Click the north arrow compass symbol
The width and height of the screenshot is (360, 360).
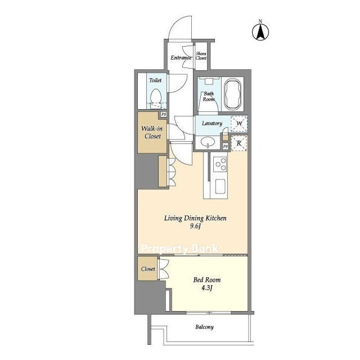(260, 32)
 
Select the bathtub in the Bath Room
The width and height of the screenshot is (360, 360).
(232, 94)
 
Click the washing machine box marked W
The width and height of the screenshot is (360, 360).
(239, 124)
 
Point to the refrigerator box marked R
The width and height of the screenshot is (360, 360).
(239, 143)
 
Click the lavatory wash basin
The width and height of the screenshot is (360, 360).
(208, 142)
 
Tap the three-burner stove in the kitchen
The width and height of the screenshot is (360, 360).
(220, 164)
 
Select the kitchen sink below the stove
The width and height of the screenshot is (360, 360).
(220, 186)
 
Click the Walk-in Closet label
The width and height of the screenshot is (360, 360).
(152, 132)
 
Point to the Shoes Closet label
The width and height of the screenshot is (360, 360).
(201, 56)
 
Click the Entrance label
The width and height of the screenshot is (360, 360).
(181, 57)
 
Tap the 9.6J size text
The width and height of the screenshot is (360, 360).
(195, 226)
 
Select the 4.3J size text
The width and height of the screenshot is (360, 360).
(207, 287)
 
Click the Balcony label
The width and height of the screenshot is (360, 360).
(204, 327)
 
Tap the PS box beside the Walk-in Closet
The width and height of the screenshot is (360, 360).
(164, 114)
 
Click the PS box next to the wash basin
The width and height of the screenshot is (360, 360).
(226, 146)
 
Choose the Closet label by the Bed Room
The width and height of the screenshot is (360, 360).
(148, 269)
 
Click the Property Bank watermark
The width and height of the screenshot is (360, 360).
(180, 249)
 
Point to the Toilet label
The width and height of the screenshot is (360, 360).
(155, 80)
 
